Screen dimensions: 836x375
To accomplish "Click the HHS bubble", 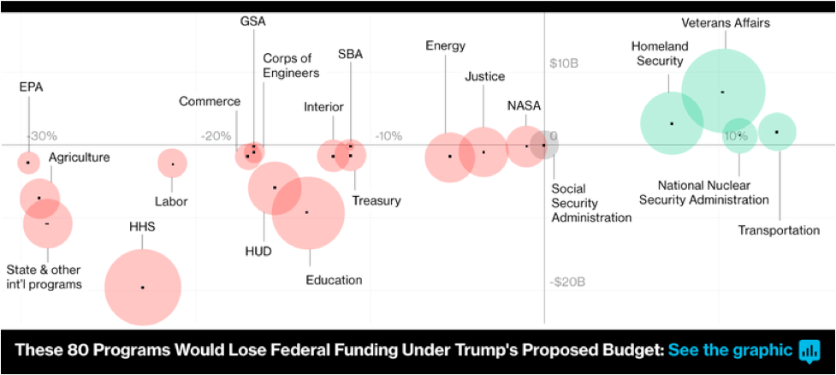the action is coord(143,287).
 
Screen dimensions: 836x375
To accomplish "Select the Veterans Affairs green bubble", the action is coord(723,92).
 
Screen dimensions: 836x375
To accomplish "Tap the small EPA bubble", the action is coord(29,162).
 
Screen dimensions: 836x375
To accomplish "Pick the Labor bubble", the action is coord(173,164).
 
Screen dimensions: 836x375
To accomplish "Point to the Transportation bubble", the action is coord(777,132).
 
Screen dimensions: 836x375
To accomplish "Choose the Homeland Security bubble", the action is coord(673,123).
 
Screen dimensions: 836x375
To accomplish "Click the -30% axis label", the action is coord(42,135).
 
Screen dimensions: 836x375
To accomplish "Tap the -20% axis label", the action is coord(216,136).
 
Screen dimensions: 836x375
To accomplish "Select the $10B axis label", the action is coord(564,63).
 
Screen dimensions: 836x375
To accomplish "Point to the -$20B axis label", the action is coord(567,282).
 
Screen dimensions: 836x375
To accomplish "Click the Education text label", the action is coord(334,279).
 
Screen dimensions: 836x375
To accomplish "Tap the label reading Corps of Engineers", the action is coord(291,65).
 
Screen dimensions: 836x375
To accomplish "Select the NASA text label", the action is coord(524,105).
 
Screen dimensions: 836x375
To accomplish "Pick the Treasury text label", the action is coord(376,200).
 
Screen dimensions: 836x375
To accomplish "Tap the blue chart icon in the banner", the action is coord(809,351).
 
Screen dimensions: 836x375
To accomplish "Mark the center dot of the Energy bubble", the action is coord(450,157).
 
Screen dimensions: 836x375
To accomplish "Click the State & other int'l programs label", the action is coord(44,277).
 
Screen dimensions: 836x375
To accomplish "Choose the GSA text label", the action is coord(252,22).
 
